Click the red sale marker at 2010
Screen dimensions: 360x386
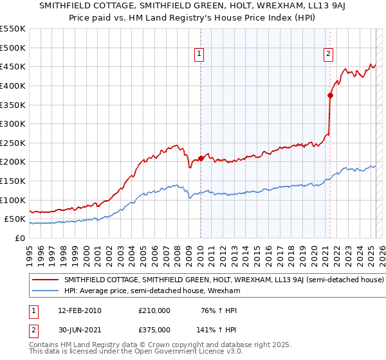pyautogui.click(x=201, y=158)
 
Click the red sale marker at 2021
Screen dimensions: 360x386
pyautogui.click(x=330, y=95)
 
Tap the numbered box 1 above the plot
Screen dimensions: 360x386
pyautogui.click(x=200, y=54)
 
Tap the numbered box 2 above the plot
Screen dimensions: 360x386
pyautogui.click(x=329, y=54)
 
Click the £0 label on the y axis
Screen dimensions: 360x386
pyautogui.click(x=20, y=238)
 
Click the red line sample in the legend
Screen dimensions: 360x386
pyautogui.click(x=46, y=280)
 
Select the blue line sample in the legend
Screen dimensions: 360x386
pyautogui.click(x=46, y=291)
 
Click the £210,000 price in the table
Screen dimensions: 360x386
pyautogui.click(x=154, y=310)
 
